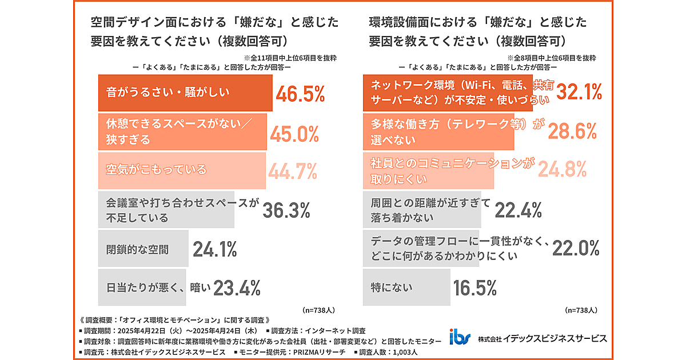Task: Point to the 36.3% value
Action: point(286,210)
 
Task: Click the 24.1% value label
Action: point(214,249)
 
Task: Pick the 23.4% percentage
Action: point(237,288)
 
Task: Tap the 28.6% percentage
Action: point(572,131)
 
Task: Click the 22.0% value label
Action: point(576,248)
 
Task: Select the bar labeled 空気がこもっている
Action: point(182,170)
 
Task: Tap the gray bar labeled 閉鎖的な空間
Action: point(143,249)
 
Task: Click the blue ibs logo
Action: point(460,338)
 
